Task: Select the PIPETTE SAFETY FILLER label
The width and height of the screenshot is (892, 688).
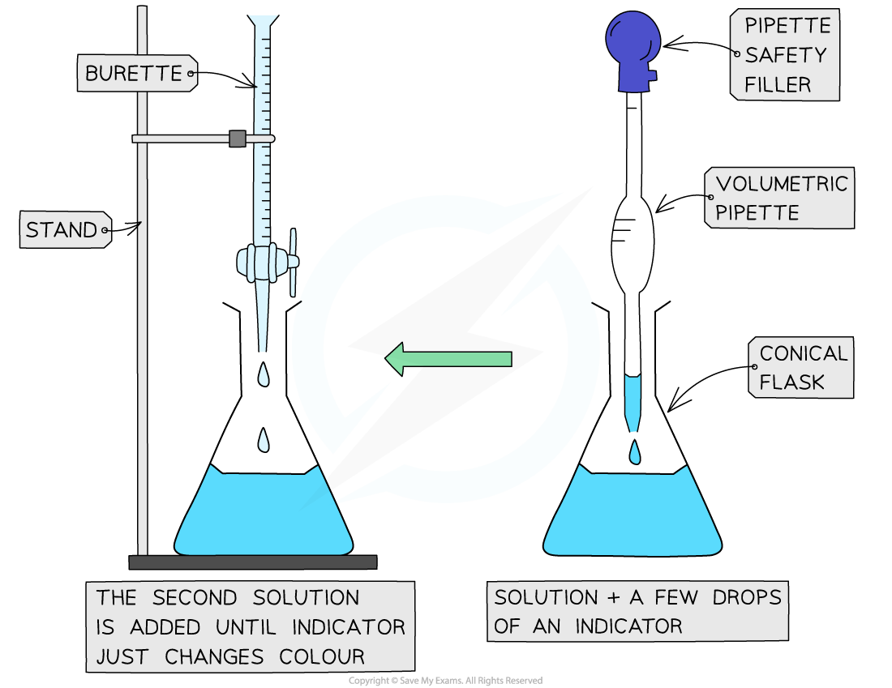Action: coord(783,55)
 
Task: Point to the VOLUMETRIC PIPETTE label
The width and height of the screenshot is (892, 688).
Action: coord(779,198)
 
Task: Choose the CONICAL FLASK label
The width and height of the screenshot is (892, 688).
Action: coord(800,368)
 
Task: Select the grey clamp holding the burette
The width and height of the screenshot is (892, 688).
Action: coord(237,139)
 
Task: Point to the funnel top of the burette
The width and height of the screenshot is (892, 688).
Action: coord(263,24)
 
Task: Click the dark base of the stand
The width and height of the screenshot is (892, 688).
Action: coord(253,562)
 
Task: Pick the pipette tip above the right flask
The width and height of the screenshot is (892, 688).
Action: coord(633,401)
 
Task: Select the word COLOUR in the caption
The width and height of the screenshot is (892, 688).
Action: coord(321,656)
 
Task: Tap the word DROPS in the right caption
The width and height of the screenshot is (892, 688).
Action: coord(747,598)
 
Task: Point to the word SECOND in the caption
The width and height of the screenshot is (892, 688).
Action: coord(194,598)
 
